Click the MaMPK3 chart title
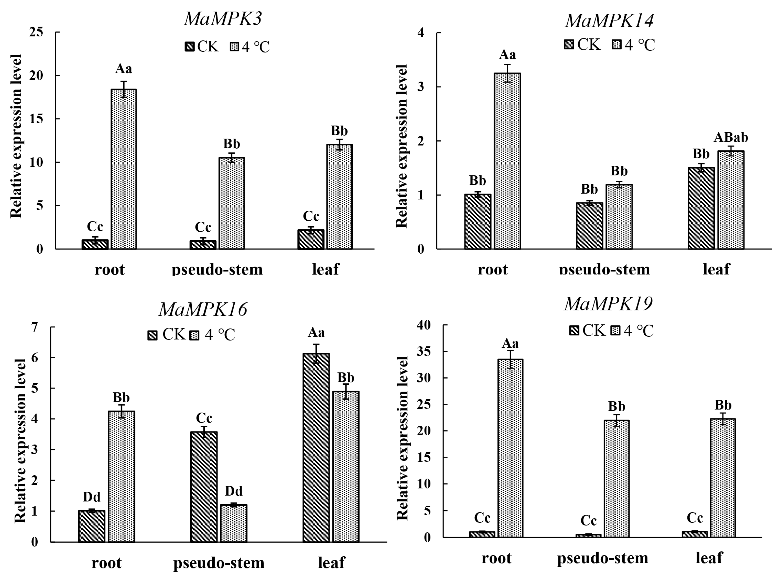coord(223,19)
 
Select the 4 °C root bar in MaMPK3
coord(124,169)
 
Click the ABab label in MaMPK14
coord(731,137)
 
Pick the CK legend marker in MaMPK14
coord(569,45)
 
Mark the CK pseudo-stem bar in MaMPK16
coord(204,487)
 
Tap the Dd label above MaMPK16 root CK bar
coord(91,497)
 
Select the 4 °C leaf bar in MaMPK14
coord(731,200)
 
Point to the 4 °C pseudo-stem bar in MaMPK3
coord(232,203)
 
